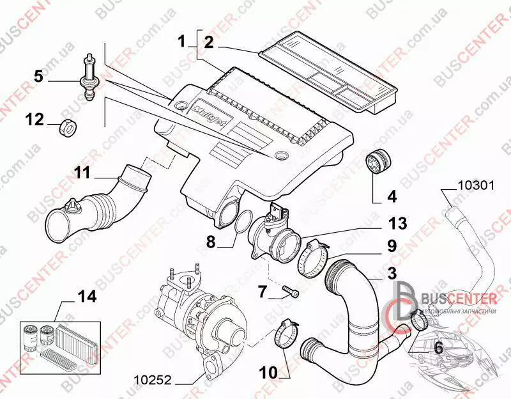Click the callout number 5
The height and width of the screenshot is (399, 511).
38,76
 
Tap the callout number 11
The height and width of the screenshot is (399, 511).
83,173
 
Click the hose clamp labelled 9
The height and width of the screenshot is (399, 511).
314,258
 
